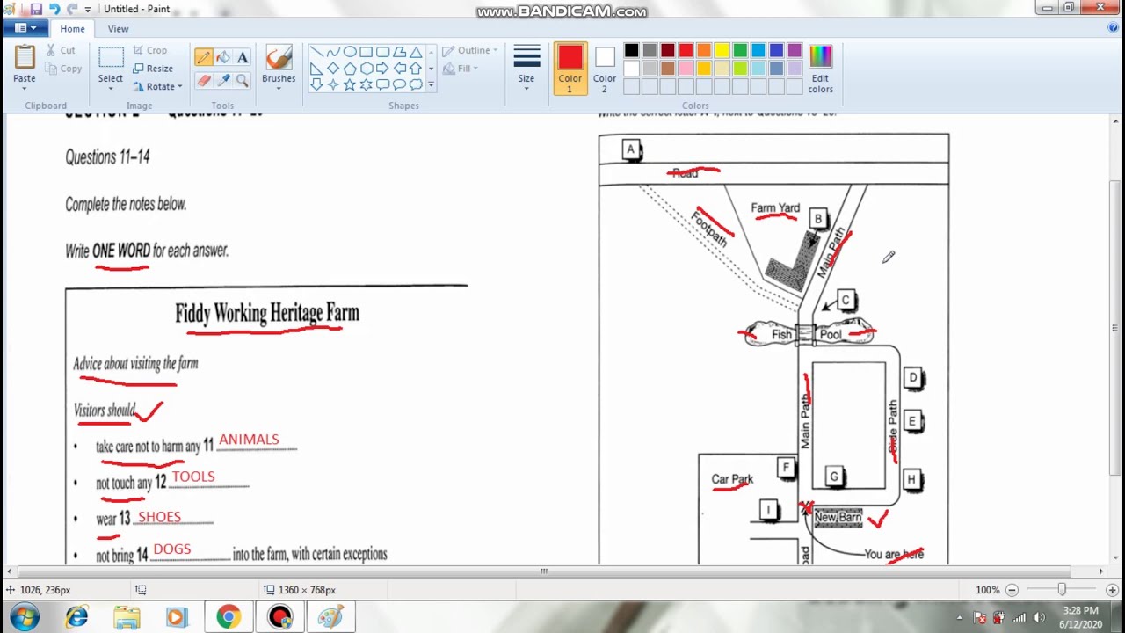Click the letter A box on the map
point(630,149)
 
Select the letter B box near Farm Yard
point(817,219)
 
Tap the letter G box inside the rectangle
point(834,477)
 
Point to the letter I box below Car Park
point(769,510)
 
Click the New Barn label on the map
point(838,517)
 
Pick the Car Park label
point(732,479)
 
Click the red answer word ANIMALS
point(249,440)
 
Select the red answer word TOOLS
point(193,477)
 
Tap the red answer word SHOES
point(159,517)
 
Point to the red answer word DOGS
point(172,549)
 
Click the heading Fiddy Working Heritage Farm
point(267,313)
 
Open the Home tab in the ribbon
point(72,29)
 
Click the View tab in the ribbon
point(118,29)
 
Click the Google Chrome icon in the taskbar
point(229,617)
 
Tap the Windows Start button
point(25,617)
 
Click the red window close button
point(1100,8)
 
